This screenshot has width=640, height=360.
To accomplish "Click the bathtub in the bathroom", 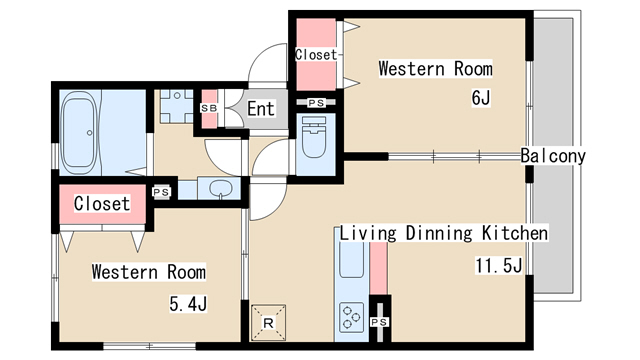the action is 79,130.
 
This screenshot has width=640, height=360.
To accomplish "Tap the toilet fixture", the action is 314,138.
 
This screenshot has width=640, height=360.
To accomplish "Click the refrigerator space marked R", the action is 268,323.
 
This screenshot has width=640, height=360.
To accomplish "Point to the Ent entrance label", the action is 261,109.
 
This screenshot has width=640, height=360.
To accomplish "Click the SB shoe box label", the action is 209,108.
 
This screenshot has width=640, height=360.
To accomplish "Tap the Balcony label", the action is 553,156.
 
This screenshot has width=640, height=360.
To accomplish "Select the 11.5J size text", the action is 498,266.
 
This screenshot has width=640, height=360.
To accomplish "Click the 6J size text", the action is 481,98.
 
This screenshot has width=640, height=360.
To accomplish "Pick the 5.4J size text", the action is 188,304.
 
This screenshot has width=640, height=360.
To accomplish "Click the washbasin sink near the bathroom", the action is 220,189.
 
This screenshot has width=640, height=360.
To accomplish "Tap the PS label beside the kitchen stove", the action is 379,322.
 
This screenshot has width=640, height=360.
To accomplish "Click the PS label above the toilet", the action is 316,103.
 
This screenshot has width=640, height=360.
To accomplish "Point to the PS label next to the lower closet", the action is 161,192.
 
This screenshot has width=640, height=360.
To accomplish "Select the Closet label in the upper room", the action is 316,55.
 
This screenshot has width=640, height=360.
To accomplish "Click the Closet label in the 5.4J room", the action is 102,204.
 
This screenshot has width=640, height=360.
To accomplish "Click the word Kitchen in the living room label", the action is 515,233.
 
